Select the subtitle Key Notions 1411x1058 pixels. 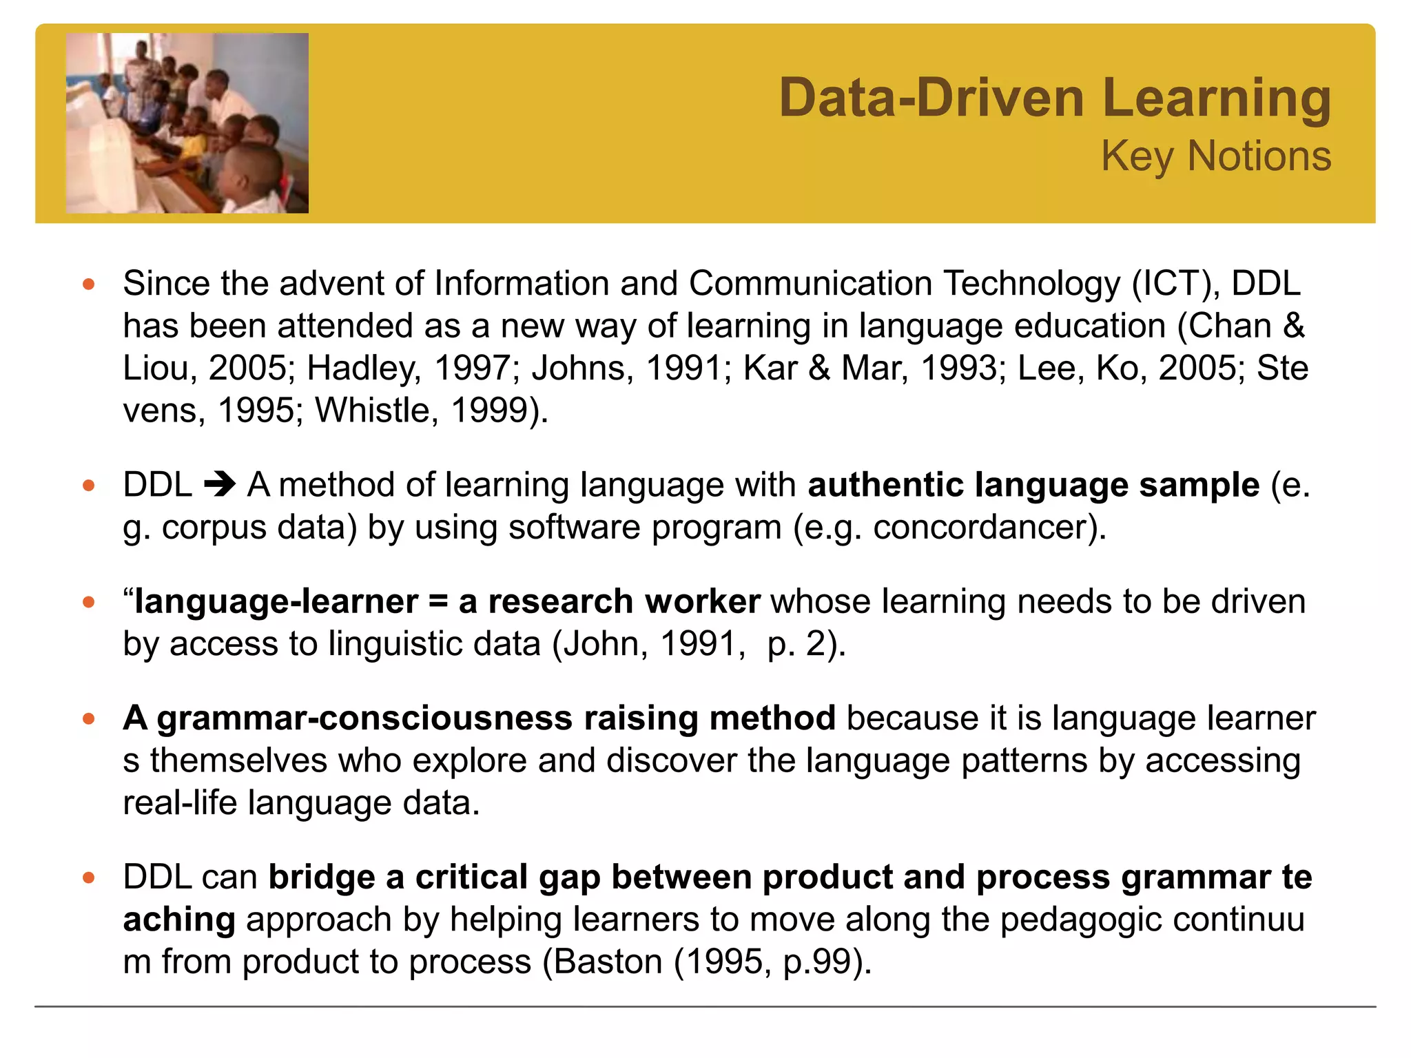[x=1215, y=156]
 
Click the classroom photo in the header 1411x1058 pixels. [x=187, y=123]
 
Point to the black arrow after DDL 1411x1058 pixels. [x=220, y=485]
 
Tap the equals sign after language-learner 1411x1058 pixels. [x=438, y=602]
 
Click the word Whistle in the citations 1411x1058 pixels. [x=373, y=411]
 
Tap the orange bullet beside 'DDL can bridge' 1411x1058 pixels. [x=88, y=878]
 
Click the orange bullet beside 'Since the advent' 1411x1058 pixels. [x=88, y=284]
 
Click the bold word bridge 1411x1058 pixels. [x=322, y=878]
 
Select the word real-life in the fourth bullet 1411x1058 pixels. [x=180, y=803]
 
